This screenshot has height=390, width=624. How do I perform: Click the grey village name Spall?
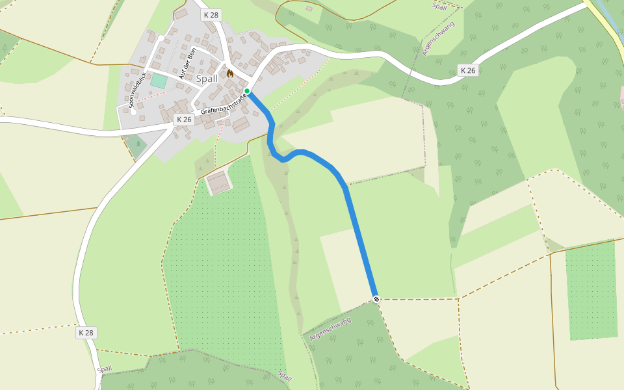(207, 79)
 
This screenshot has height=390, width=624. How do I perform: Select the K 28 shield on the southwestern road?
(86, 333)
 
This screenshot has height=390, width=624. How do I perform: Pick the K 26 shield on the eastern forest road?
(468, 70)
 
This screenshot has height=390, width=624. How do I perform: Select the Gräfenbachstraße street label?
(225, 103)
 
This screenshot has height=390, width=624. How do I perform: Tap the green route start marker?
(247, 91)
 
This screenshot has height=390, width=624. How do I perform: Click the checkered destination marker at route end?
(376, 299)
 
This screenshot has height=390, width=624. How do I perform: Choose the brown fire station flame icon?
(229, 73)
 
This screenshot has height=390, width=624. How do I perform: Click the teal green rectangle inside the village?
(158, 81)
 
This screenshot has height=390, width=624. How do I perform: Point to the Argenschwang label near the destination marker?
(330, 329)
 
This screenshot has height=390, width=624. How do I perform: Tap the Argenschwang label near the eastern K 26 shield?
(439, 38)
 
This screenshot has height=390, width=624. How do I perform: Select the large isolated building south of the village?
(219, 182)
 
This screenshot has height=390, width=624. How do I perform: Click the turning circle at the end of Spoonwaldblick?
(133, 112)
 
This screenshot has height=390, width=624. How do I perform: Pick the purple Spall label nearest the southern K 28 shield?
(105, 369)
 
